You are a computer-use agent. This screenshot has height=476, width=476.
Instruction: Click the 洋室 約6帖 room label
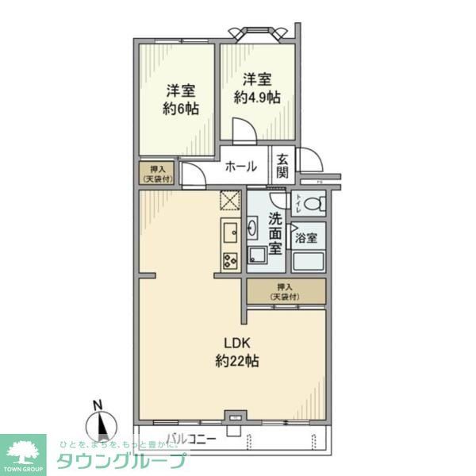(181, 100)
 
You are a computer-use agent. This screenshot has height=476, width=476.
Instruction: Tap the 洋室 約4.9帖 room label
(257, 88)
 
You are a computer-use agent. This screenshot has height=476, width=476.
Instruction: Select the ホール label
(241, 167)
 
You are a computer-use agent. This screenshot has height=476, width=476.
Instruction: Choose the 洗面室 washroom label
(274, 232)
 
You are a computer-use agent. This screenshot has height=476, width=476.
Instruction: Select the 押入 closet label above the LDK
(285, 291)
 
